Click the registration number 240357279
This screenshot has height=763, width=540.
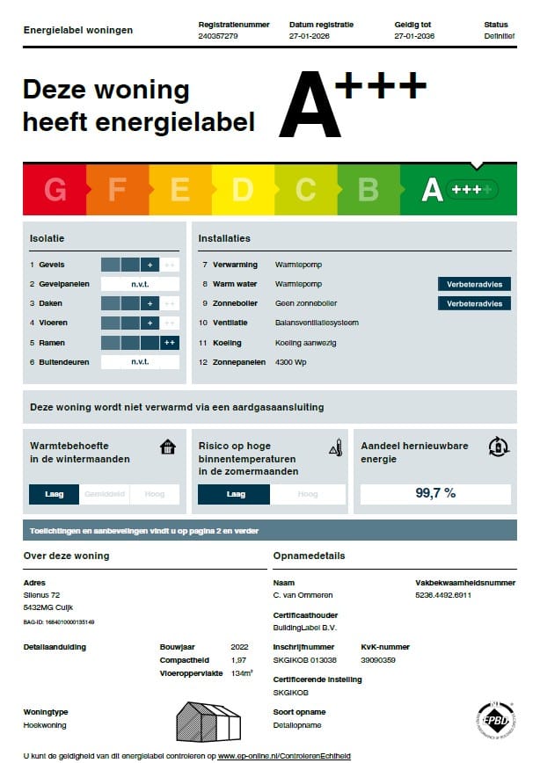tap(218, 37)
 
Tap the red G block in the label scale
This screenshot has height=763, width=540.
tap(55, 190)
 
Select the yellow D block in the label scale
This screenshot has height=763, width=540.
tap(243, 190)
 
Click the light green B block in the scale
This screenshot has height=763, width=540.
tap(368, 190)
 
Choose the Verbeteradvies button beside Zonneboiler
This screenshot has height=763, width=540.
tap(474, 303)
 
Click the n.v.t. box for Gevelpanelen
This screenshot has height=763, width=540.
tap(140, 284)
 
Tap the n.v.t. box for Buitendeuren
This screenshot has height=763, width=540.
tap(140, 361)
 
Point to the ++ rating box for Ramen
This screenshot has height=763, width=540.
tap(170, 342)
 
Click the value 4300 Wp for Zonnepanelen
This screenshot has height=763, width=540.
tap(291, 361)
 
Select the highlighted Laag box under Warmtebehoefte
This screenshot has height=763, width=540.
tap(55, 494)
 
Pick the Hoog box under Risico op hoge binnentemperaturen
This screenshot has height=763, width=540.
tap(308, 494)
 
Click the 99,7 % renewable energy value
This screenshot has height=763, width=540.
tap(435, 493)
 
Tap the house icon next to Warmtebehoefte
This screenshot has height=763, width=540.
tap(168, 447)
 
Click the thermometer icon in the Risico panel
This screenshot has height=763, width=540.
tap(334, 447)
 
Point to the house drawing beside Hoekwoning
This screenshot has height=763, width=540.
tap(208, 721)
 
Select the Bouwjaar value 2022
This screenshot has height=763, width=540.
tap(239, 646)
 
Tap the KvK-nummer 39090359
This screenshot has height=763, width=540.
tap(378, 659)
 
